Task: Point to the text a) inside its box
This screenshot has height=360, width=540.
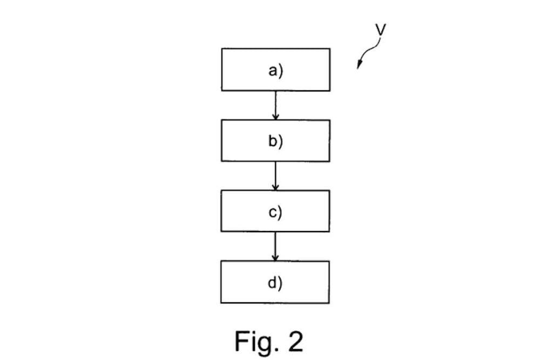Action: click(x=275, y=70)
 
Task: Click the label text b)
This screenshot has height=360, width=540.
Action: click(x=275, y=141)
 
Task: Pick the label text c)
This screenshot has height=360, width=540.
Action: click(x=275, y=212)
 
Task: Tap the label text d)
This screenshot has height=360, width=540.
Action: click(x=275, y=282)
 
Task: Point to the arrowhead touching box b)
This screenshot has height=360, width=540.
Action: click(x=275, y=117)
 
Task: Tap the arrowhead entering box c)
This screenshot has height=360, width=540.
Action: click(x=275, y=187)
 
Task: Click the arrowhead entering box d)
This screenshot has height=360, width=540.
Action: click(x=275, y=258)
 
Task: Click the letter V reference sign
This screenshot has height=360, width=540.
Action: click(x=381, y=30)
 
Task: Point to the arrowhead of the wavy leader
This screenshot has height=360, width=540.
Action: click(x=359, y=66)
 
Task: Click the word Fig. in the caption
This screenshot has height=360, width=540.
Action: click(x=253, y=341)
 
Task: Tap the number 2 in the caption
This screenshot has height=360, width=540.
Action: click(x=295, y=341)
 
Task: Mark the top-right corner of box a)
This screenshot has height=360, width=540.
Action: click(x=330, y=49)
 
